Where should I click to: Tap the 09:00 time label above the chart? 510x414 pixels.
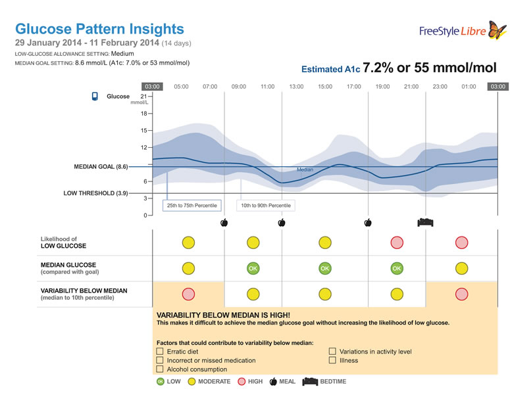click(x=238, y=86)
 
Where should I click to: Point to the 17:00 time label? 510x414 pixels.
click(x=354, y=86)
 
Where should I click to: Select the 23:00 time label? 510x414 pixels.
click(x=440, y=86)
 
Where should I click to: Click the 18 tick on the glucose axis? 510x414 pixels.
click(x=145, y=113)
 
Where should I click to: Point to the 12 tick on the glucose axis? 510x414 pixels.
click(x=145, y=147)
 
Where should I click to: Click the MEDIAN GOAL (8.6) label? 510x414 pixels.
click(x=101, y=167)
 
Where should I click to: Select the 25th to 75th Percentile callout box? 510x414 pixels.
click(x=191, y=206)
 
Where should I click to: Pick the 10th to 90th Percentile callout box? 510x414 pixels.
click(x=265, y=206)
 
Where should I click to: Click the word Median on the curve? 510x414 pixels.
click(x=305, y=170)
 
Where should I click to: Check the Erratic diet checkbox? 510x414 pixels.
click(x=160, y=352)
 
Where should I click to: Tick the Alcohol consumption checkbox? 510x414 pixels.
click(x=160, y=369)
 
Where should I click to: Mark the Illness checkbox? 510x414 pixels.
click(x=332, y=360)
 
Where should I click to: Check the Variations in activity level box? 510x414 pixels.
click(x=332, y=352)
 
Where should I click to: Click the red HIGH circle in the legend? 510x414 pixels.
click(x=241, y=381)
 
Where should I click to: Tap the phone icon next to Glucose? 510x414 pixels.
click(x=95, y=97)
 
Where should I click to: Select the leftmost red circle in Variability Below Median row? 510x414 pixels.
click(x=188, y=294)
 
